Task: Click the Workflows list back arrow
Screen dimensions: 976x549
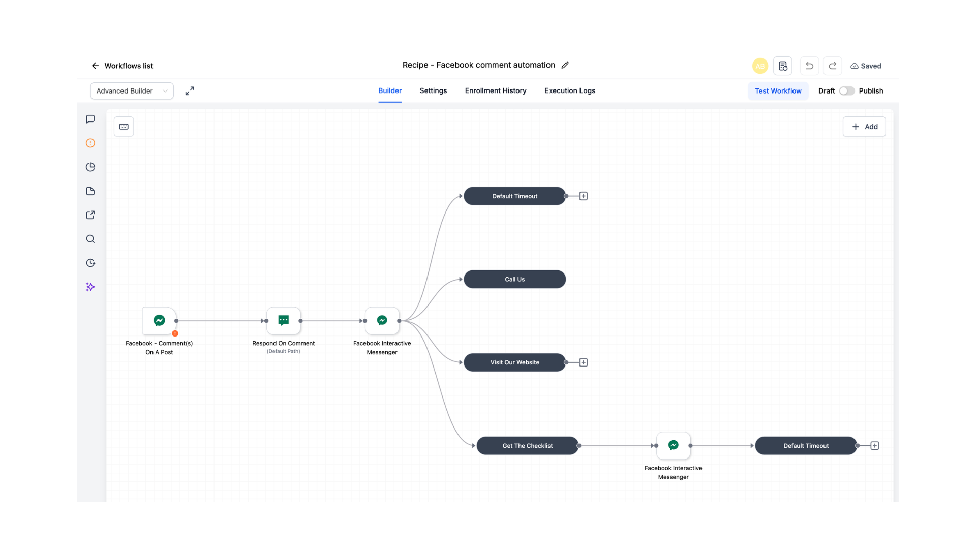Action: pyautogui.click(x=95, y=66)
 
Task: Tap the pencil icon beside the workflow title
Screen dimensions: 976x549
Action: pyautogui.click(x=565, y=65)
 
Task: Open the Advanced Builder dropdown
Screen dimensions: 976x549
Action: pyautogui.click(x=132, y=91)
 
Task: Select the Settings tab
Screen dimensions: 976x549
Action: pyautogui.click(x=433, y=90)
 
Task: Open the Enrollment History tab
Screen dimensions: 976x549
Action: pyautogui.click(x=496, y=90)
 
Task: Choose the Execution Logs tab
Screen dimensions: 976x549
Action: pyautogui.click(x=570, y=90)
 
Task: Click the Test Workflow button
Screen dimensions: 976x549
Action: pyautogui.click(x=778, y=91)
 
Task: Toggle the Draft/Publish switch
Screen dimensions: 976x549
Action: pyautogui.click(x=846, y=91)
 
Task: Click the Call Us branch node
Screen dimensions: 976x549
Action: pyautogui.click(x=514, y=279)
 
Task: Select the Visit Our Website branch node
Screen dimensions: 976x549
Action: pyautogui.click(x=514, y=362)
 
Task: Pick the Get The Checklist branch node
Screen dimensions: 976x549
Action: pyautogui.click(x=527, y=446)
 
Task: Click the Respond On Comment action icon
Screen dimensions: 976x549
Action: pyautogui.click(x=284, y=320)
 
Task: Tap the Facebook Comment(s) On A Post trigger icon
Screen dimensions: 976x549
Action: pyautogui.click(x=159, y=320)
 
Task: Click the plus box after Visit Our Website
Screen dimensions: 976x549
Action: pyautogui.click(x=584, y=362)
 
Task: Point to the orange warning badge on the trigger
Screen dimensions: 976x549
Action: pyautogui.click(x=175, y=333)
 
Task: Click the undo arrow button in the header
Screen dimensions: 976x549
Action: pyautogui.click(x=809, y=66)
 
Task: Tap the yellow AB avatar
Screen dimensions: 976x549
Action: pyautogui.click(x=760, y=66)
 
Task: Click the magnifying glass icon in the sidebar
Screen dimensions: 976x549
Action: pyautogui.click(x=90, y=239)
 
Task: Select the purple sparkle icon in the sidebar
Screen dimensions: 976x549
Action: pyautogui.click(x=90, y=287)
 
